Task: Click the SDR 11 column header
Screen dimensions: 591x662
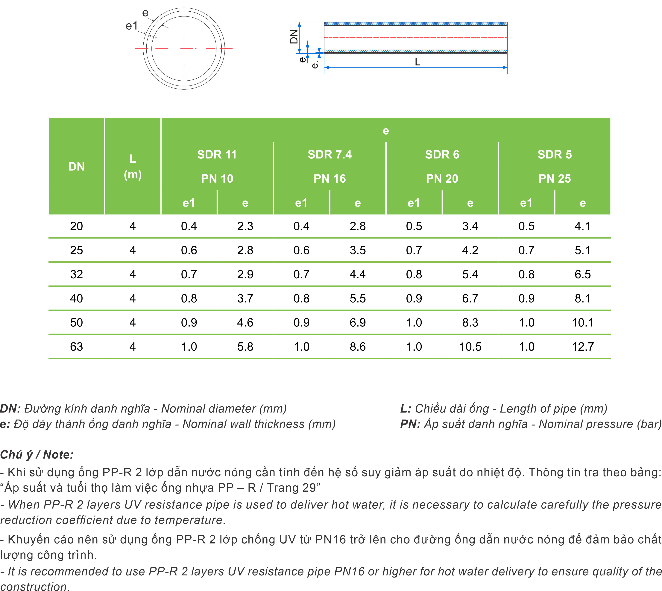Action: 217,155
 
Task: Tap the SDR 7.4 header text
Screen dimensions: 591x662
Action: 330,155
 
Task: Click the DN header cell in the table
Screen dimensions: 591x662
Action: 76,167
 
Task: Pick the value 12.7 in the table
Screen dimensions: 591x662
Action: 582,347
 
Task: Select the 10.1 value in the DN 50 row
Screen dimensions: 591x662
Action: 582,323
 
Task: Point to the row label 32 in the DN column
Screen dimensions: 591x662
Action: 76,274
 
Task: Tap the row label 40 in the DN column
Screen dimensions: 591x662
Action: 76,298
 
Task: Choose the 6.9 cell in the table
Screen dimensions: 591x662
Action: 357,323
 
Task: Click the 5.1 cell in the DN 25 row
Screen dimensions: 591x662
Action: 582,250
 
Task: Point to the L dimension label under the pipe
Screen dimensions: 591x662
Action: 417,62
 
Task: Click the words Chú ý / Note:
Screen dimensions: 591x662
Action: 37,455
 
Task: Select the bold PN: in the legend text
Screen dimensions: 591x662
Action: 410,424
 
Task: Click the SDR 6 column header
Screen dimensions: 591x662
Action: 442,155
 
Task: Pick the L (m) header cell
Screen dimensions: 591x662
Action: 133,167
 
